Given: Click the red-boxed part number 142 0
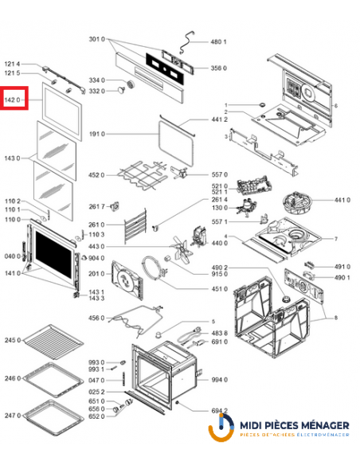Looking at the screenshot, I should pos(14,100).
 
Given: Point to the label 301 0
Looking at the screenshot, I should pos(96,40).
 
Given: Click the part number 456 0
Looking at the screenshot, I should pos(96,318).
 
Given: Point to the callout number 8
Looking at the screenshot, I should pos(335,318).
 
